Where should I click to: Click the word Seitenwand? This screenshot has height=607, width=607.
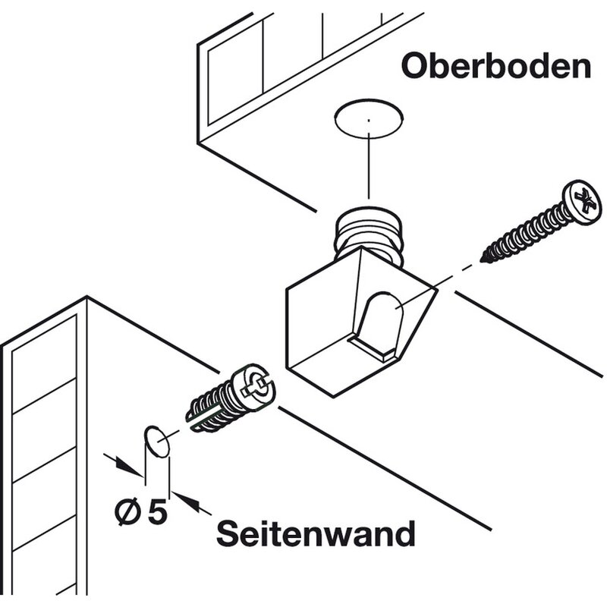click(316, 533)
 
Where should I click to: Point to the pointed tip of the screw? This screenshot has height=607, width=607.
click(484, 259)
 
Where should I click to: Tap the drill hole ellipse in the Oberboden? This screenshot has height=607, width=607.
click(368, 119)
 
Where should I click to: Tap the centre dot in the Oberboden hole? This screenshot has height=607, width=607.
click(368, 120)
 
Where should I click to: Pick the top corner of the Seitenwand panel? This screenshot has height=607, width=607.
click(86, 297)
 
